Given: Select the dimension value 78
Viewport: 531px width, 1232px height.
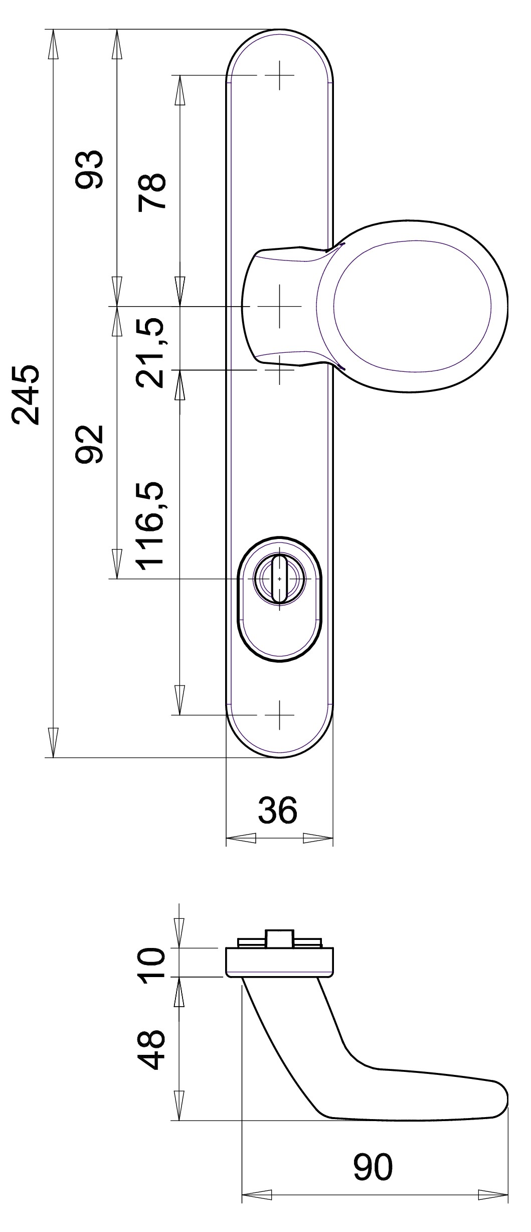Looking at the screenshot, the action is click(x=152, y=191).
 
